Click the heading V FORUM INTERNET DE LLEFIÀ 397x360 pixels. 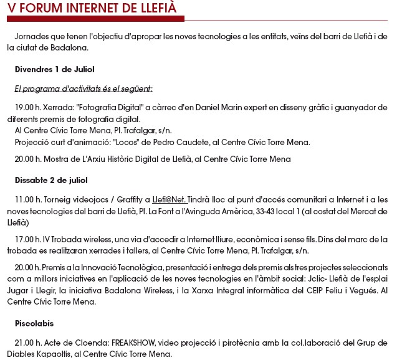click(x=92, y=8)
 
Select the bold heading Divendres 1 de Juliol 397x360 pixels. click(x=54, y=69)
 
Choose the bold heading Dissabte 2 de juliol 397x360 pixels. click(x=51, y=181)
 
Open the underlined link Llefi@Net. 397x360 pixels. click(x=170, y=200)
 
